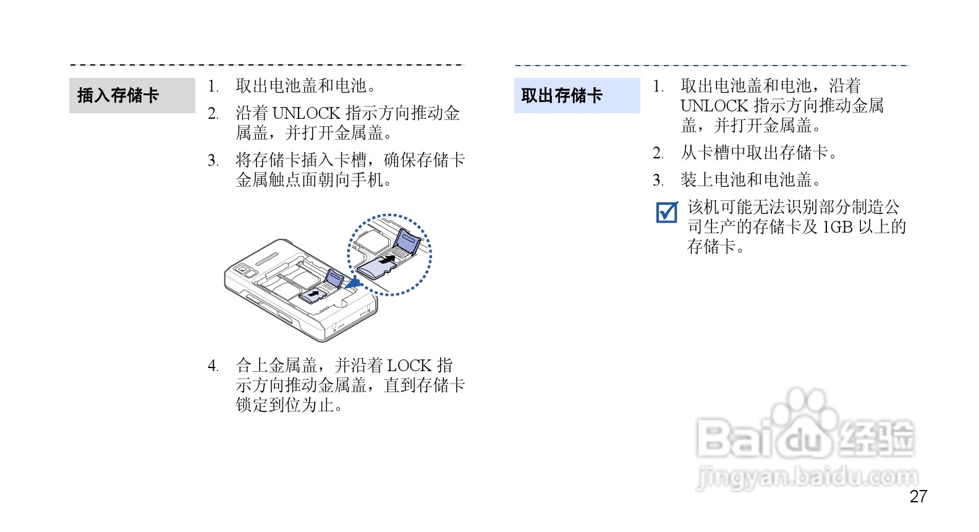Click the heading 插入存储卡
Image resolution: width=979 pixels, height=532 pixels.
[x=118, y=95]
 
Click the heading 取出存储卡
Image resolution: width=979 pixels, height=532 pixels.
[x=561, y=95]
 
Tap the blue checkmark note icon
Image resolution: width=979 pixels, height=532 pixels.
[x=667, y=212]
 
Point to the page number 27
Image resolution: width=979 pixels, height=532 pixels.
[x=918, y=496]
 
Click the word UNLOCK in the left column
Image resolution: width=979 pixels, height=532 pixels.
[x=306, y=113]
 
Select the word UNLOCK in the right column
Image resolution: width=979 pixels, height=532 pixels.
[x=714, y=106]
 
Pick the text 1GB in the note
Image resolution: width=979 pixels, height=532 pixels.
[x=837, y=227]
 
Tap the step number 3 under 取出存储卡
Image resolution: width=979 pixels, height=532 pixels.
[x=658, y=181]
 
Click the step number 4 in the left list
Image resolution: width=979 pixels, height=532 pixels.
[x=213, y=366]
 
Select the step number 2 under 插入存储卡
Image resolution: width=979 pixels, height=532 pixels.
[x=213, y=114]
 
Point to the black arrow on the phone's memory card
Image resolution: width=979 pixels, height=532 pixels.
[x=315, y=292]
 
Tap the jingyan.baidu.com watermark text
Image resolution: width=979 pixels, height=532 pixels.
[x=807, y=478]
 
